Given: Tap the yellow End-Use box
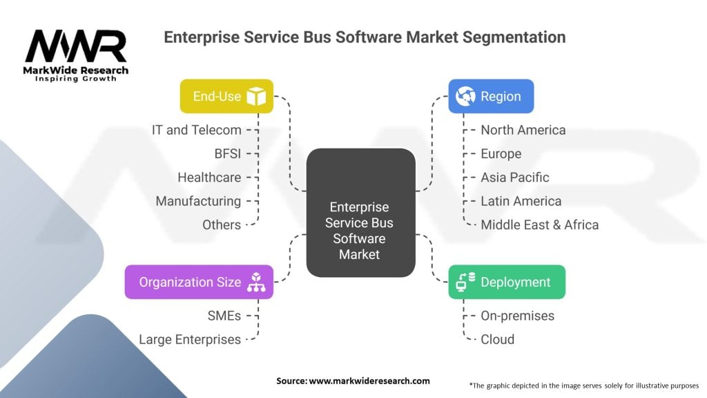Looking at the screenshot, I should point(226,96).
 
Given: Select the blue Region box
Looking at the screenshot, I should point(491,96).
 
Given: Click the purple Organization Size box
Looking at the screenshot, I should point(199,282).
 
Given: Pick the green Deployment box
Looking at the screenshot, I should point(507,282).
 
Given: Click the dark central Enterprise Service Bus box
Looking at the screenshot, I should point(360,213).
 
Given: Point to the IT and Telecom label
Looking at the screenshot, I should point(197,130).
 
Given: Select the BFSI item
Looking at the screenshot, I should point(228,153).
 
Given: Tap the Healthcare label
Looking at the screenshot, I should point(209,178).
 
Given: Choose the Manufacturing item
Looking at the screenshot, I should point(198,201).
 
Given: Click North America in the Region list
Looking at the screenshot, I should point(523,130).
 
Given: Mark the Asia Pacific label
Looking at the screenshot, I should point(515,178).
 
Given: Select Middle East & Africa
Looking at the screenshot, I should point(540,225).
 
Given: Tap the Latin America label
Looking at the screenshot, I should point(521,201).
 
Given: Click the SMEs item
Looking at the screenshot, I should point(224,316).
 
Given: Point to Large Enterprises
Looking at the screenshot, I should point(190,339).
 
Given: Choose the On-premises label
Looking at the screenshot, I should point(518,316).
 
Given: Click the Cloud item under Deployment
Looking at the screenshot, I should point(498,339).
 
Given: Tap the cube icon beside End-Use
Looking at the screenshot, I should point(256,96).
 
